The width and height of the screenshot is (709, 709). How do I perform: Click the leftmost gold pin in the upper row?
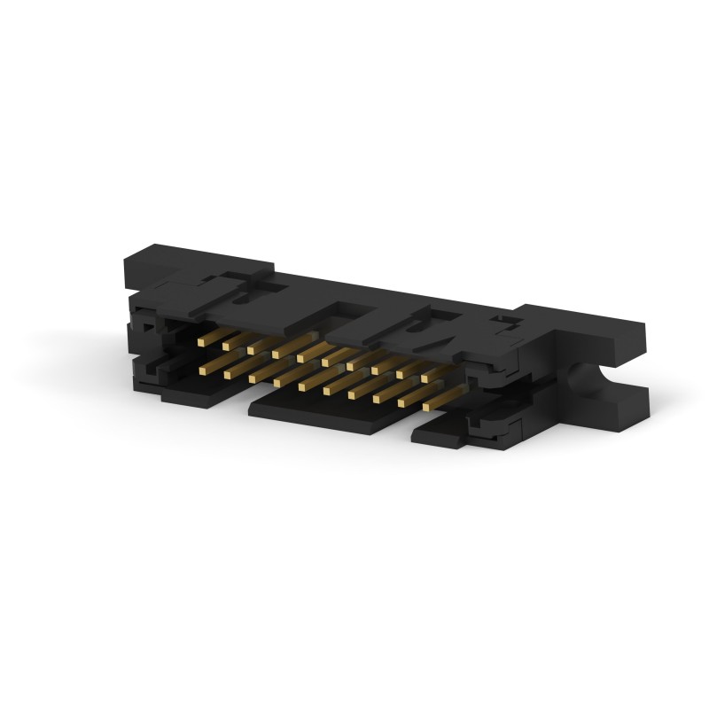click(x=202, y=339)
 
